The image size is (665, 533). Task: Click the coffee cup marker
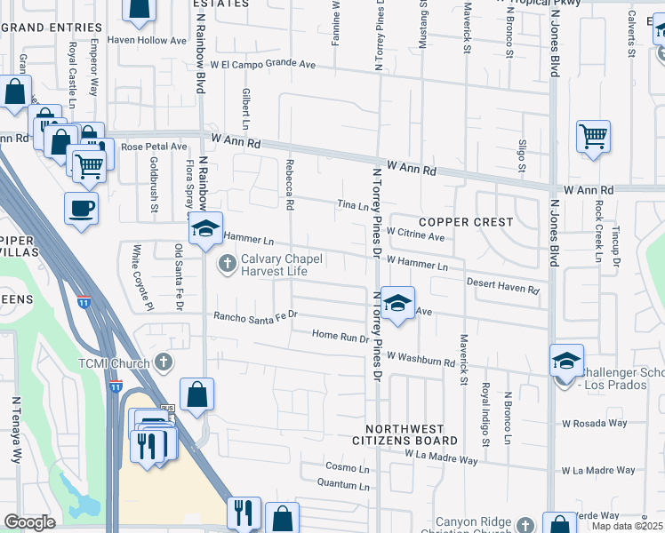[81, 209]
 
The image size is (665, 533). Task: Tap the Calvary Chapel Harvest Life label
[271, 266]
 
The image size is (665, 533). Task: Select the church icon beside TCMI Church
[162, 362]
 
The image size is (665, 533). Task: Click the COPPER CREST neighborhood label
[466, 221]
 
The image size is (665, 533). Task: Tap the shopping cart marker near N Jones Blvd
[593, 137]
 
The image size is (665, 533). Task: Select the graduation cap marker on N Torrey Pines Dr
[398, 303]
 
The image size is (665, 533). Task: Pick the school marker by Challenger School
[566, 361]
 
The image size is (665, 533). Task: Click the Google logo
[29, 522]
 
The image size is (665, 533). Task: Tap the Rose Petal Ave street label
[154, 147]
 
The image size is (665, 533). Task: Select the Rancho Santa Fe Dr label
[254, 315]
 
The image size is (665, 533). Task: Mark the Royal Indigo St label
[486, 414]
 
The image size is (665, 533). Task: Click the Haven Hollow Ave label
[147, 40]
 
